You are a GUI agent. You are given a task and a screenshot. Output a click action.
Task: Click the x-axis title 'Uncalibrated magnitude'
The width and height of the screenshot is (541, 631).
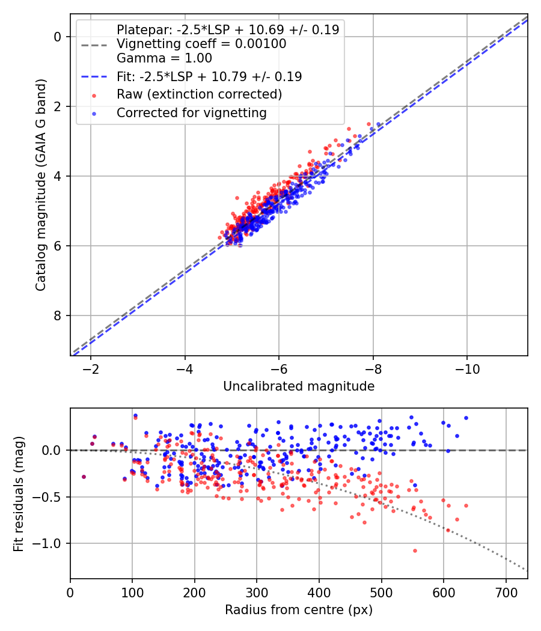pyautogui.click(x=299, y=386)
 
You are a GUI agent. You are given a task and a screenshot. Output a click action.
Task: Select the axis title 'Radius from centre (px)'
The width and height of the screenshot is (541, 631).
pyautogui.click(x=299, y=610)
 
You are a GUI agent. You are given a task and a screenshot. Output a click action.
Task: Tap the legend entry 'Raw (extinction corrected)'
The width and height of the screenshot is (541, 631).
pyautogui.click(x=199, y=94)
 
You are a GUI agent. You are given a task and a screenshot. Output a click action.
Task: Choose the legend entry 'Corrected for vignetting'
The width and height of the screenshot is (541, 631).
pyautogui.click(x=191, y=112)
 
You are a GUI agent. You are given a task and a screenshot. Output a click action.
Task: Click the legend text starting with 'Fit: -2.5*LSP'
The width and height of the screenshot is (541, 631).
pyautogui.click(x=209, y=76)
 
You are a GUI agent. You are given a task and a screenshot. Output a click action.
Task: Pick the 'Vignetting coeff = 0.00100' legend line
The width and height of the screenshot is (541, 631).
pyautogui.click(x=201, y=44)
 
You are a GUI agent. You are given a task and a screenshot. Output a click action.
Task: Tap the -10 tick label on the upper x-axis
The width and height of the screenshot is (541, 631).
pyautogui.click(x=467, y=368)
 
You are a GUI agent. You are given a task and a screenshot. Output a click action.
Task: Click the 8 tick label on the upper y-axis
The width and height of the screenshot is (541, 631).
pyautogui.click(x=58, y=315)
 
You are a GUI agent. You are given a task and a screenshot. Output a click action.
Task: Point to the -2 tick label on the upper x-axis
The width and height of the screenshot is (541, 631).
pyautogui.click(x=91, y=368)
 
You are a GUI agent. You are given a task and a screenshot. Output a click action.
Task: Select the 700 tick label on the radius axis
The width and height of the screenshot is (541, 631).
pyautogui.click(x=506, y=592)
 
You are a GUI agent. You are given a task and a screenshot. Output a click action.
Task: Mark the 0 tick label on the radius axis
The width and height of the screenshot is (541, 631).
pyautogui.click(x=70, y=592)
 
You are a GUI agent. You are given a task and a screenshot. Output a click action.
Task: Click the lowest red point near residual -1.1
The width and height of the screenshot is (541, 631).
pyautogui.click(x=415, y=550)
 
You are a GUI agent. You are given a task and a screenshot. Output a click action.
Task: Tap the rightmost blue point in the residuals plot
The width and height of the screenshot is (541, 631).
pyautogui.click(x=466, y=418)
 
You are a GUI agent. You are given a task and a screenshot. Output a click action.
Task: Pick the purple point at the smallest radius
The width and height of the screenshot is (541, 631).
pyautogui.click(x=84, y=477)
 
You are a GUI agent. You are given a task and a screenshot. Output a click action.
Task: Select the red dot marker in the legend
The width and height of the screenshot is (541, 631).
pyautogui.click(x=94, y=95)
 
